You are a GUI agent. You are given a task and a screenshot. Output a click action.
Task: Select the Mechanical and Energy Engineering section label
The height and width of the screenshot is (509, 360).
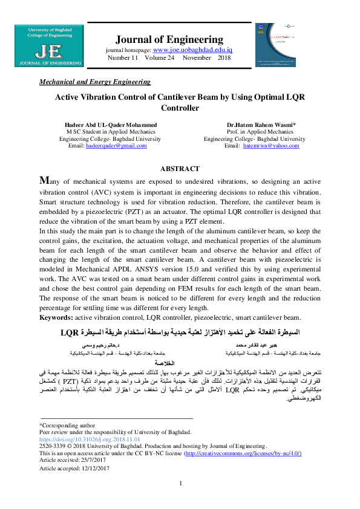pos(94,81)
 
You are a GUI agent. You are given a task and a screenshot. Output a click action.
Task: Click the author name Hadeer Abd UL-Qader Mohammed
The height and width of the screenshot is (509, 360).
pos(110,125)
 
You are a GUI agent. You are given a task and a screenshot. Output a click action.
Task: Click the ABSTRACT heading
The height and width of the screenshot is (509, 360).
pos(179,169)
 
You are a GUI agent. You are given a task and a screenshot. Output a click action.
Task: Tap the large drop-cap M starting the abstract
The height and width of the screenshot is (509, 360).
pos(44,181)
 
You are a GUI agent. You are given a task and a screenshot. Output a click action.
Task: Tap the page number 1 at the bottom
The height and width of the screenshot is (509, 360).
pos(180,499)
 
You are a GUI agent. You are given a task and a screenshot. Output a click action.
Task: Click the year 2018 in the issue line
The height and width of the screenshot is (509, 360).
pos(224,57)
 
